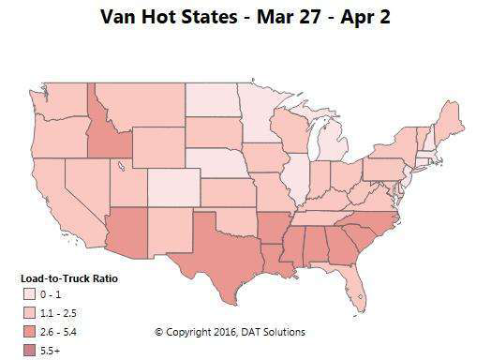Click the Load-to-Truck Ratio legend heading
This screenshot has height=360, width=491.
click(68, 277)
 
